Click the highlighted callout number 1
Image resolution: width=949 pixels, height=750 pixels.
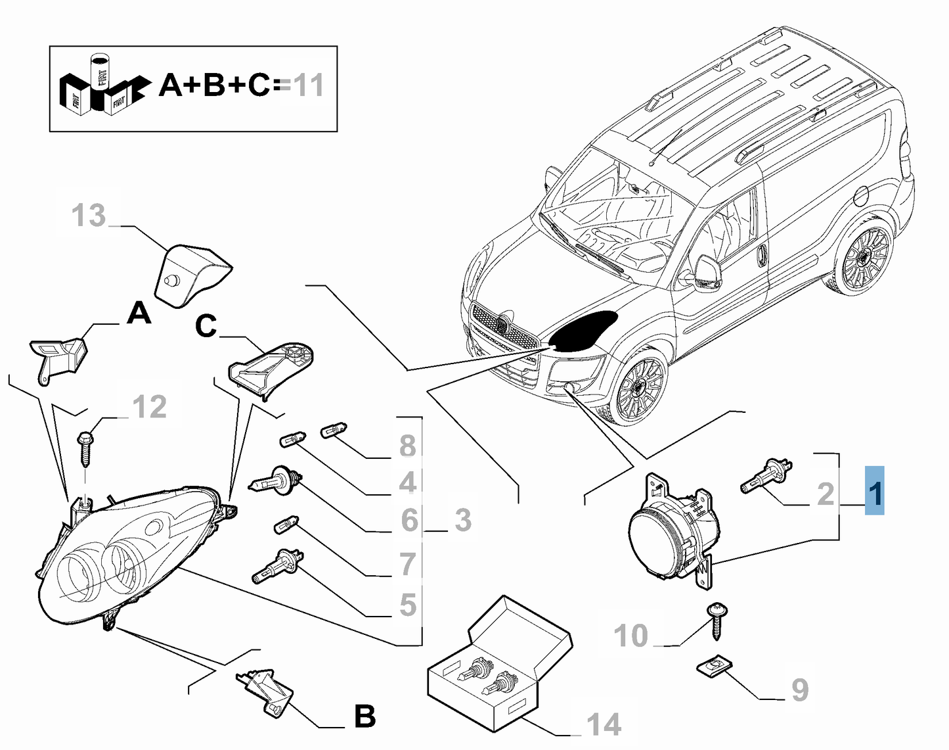point(875,490)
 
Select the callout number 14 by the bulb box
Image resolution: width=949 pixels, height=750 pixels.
point(604,724)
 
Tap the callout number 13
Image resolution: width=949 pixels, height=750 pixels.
point(89,215)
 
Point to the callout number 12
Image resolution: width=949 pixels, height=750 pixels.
point(150,407)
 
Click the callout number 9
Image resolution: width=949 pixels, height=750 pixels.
point(799,690)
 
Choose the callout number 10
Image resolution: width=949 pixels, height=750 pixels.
point(630,636)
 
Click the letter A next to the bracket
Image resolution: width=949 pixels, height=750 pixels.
point(139,314)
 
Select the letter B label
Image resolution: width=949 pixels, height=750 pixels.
point(364,716)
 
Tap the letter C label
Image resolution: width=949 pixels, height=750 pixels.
point(206,326)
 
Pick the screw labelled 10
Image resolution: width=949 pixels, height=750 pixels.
point(716,618)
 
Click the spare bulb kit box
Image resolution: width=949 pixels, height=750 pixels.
point(499,664)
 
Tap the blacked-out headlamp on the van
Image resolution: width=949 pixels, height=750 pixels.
point(583,331)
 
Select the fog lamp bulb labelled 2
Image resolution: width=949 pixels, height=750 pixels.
point(766,476)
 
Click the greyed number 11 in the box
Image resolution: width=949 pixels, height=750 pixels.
point(308,85)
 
